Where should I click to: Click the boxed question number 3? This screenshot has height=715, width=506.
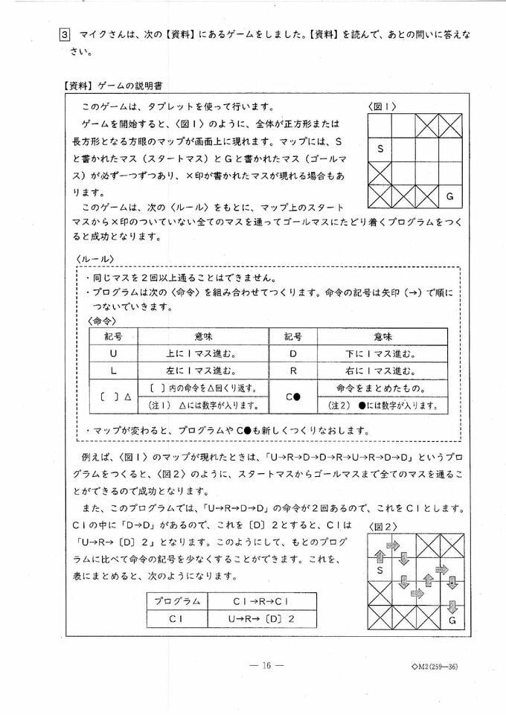65,35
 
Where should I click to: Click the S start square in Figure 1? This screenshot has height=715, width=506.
380,149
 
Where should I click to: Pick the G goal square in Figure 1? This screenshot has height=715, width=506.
449,196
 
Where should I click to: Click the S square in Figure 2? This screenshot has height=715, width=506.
379,571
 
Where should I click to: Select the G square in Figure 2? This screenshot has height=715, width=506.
452,618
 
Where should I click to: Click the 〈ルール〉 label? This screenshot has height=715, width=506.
94,258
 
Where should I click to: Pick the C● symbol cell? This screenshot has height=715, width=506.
292,397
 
